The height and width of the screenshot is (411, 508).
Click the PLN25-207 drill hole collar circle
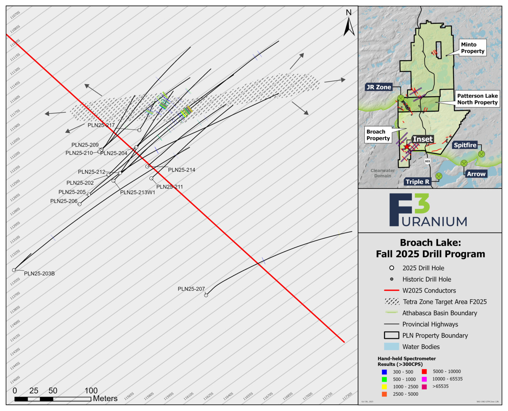point(206,295)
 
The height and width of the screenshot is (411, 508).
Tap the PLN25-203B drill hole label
point(39,273)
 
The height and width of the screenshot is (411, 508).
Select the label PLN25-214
point(182,170)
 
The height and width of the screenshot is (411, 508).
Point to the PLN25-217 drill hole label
point(101,125)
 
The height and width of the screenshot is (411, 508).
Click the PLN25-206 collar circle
point(79,204)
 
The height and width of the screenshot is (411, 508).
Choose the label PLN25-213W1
point(138,192)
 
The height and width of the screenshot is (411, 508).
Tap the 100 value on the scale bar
point(91,390)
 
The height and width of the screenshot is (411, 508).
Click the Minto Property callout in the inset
point(473,48)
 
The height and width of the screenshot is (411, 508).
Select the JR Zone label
point(379,87)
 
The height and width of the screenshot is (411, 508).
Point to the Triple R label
point(417,182)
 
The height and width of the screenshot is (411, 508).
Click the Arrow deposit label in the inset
point(476,174)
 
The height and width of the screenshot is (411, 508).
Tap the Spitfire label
point(465,145)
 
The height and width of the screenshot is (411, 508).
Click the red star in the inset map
point(407,146)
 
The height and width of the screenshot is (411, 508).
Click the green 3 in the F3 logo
point(422,203)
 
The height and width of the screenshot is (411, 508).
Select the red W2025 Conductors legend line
point(392,290)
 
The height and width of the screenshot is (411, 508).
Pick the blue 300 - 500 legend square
point(384,372)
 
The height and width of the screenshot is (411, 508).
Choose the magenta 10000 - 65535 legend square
point(424,379)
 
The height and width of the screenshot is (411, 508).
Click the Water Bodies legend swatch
point(391,347)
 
